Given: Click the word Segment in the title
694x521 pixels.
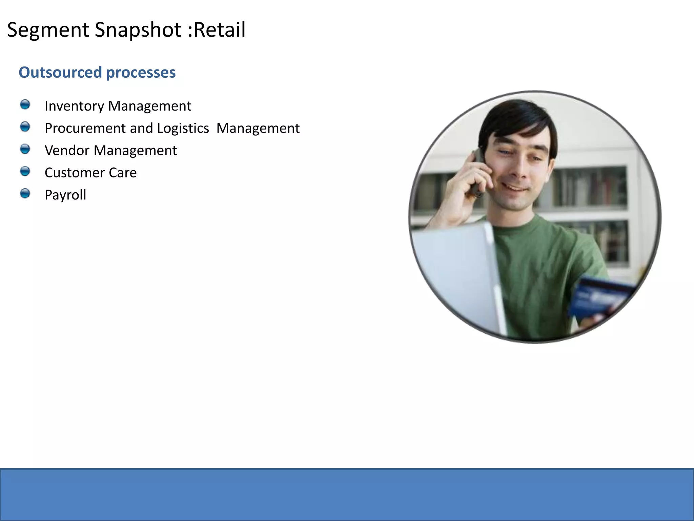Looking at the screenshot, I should click(48, 30).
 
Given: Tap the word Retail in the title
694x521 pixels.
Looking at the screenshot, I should click(219, 30).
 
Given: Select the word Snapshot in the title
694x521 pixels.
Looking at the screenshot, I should click(138, 30).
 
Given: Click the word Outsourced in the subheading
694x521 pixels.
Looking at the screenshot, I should click(60, 72).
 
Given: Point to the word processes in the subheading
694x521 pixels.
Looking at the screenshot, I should click(141, 72).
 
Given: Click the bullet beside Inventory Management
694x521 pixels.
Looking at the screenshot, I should click(25, 104).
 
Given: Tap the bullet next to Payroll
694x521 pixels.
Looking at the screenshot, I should click(25, 193).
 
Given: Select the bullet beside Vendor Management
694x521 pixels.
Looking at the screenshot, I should click(25, 149).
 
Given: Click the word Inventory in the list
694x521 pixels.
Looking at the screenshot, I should click(74, 106).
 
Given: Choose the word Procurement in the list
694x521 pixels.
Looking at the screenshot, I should click(85, 128).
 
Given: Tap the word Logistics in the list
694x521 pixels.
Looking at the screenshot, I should click(183, 128).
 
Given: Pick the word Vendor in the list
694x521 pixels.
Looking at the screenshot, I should click(67, 150).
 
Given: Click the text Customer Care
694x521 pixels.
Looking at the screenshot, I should click(90, 173).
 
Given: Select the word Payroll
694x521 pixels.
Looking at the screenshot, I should click(65, 195).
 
